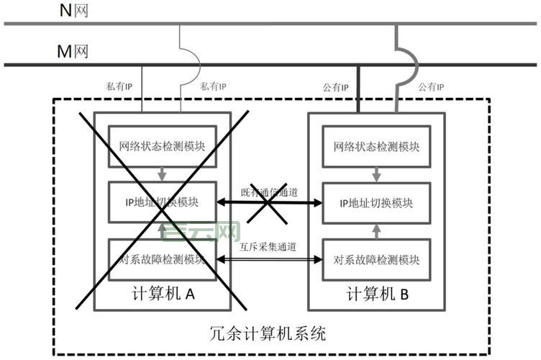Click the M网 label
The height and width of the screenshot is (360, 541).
(x=73, y=51)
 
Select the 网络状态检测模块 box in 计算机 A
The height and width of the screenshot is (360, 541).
(x=162, y=147)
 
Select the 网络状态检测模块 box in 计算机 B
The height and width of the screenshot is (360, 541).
(x=376, y=147)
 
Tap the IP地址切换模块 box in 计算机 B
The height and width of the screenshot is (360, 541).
(x=376, y=203)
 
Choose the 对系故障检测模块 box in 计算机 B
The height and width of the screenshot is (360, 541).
(x=376, y=259)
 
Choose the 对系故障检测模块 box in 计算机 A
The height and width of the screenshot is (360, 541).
(x=162, y=259)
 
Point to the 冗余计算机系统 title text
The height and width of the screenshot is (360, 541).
(x=268, y=333)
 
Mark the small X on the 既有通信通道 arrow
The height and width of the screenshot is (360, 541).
(x=268, y=204)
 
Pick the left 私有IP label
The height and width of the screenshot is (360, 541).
(x=119, y=86)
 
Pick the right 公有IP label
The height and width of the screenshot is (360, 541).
(x=431, y=86)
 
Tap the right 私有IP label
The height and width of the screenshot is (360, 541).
(x=213, y=86)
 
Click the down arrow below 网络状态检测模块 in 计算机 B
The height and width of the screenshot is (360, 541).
(x=377, y=175)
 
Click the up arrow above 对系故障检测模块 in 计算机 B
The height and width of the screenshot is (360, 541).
(x=377, y=230)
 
